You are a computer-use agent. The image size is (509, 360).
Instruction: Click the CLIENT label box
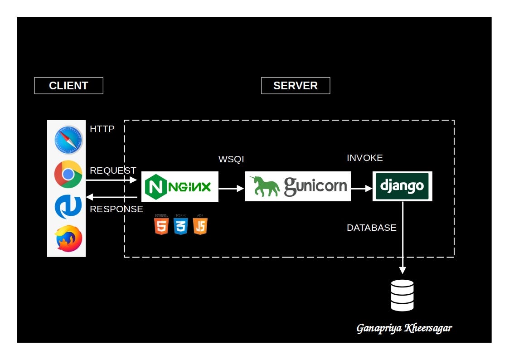(x=68, y=86)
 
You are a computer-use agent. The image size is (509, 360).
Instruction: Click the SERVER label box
(x=296, y=86)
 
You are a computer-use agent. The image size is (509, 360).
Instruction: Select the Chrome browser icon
(x=68, y=175)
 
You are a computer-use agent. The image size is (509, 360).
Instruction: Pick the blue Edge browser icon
(x=68, y=207)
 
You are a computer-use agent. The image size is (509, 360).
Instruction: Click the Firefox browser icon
(x=69, y=238)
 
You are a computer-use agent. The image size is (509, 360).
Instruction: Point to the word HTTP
(x=102, y=129)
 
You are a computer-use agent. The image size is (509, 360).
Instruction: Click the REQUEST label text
(x=113, y=171)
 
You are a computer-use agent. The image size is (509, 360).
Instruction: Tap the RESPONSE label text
(x=116, y=209)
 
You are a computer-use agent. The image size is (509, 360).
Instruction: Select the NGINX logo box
(x=180, y=187)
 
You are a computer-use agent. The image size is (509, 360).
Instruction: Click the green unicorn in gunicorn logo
(x=265, y=186)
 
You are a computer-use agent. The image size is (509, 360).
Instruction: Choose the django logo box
(x=402, y=186)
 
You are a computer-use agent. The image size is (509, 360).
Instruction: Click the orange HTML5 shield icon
(x=161, y=224)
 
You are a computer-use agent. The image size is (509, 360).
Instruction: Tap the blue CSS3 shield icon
(x=180, y=224)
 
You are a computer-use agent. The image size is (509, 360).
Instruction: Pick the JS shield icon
(x=200, y=224)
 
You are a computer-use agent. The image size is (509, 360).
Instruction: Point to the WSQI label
(x=231, y=159)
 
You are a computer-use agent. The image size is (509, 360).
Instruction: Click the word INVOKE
(x=364, y=158)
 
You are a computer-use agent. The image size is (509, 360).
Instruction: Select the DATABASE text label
(x=371, y=228)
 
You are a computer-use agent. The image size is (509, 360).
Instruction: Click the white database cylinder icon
(x=402, y=295)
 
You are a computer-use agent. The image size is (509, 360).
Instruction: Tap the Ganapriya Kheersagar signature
(x=404, y=328)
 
